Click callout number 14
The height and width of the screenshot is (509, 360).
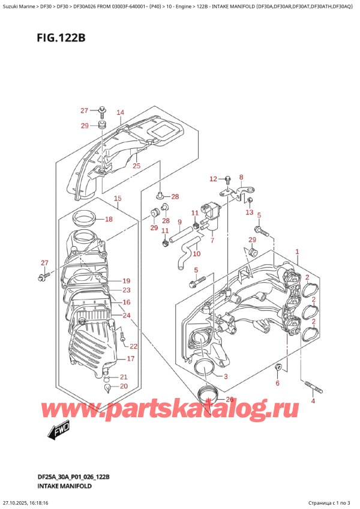click(120, 112)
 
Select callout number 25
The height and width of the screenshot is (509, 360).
click(136, 166)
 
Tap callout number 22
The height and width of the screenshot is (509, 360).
click(133, 346)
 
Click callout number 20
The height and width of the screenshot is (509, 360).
click(124, 386)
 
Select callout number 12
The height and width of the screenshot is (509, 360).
click(212, 179)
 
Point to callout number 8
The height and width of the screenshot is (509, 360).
click(241, 177)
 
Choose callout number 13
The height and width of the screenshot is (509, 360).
click(249, 212)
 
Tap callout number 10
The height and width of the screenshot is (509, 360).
click(196, 253)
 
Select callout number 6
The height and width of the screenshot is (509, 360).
click(277, 382)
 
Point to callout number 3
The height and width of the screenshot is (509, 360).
click(226, 376)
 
